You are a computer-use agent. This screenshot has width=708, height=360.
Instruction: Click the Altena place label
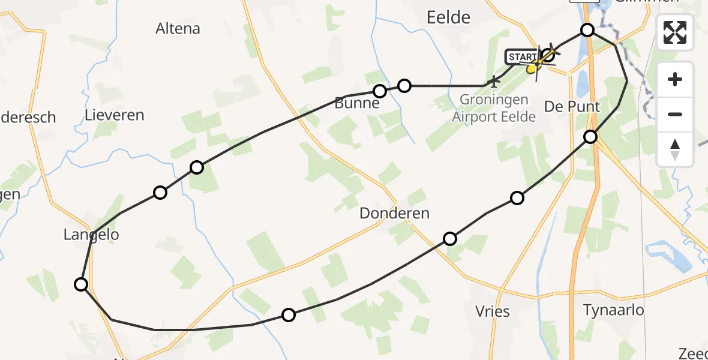[178, 28]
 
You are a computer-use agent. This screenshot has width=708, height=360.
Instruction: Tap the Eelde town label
[448, 17]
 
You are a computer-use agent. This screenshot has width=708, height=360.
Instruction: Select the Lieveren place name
[114, 115]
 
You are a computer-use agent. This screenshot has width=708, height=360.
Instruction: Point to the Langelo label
[91, 235]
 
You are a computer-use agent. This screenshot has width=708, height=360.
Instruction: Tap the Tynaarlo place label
[614, 310]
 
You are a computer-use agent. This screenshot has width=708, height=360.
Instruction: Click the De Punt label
[571, 107]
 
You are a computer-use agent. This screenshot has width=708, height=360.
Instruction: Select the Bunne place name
[358, 103]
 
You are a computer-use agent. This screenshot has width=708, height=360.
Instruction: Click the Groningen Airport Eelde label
[494, 108]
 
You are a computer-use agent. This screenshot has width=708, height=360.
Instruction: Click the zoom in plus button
[675, 79]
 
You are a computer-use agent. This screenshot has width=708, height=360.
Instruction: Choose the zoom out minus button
[675, 114]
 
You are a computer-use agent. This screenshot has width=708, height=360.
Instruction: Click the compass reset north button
[675, 149]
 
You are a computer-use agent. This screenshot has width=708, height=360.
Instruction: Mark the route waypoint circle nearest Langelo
[81, 284]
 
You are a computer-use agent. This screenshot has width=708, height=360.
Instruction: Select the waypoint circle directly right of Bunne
[404, 86]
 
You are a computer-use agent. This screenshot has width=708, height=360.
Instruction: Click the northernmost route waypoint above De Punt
[587, 30]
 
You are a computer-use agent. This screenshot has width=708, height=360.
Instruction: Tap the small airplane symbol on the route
[494, 80]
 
